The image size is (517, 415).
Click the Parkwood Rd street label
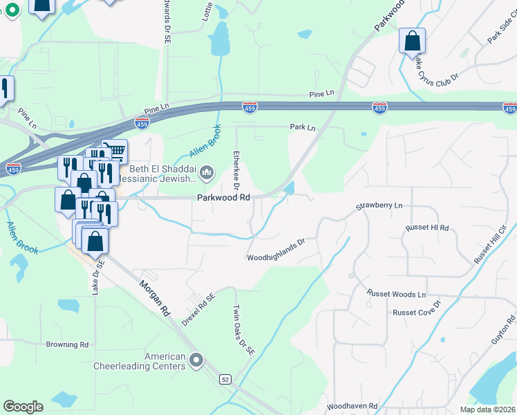(223, 197)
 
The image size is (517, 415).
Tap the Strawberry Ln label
(379, 206)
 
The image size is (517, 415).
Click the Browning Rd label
(67, 344)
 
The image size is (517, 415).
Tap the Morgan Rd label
(154, 298)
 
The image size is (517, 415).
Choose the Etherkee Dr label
(236, 170)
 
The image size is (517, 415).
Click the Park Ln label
(302, 127)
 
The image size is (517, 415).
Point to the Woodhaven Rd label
(352, 406)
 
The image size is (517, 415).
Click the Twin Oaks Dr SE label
(244, 331)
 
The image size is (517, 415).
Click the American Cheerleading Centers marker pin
(197, 360)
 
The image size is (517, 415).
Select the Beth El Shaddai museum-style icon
(207, 171)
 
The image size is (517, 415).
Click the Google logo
(23, 407)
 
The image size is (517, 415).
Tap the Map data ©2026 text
(487, 409)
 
